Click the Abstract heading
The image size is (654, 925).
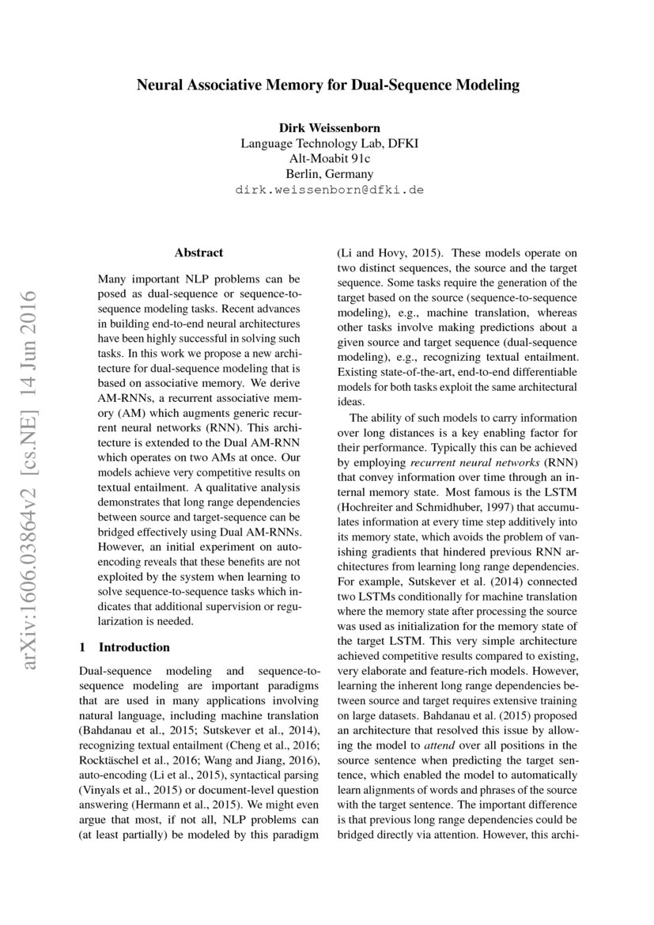[x=198, y=252]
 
